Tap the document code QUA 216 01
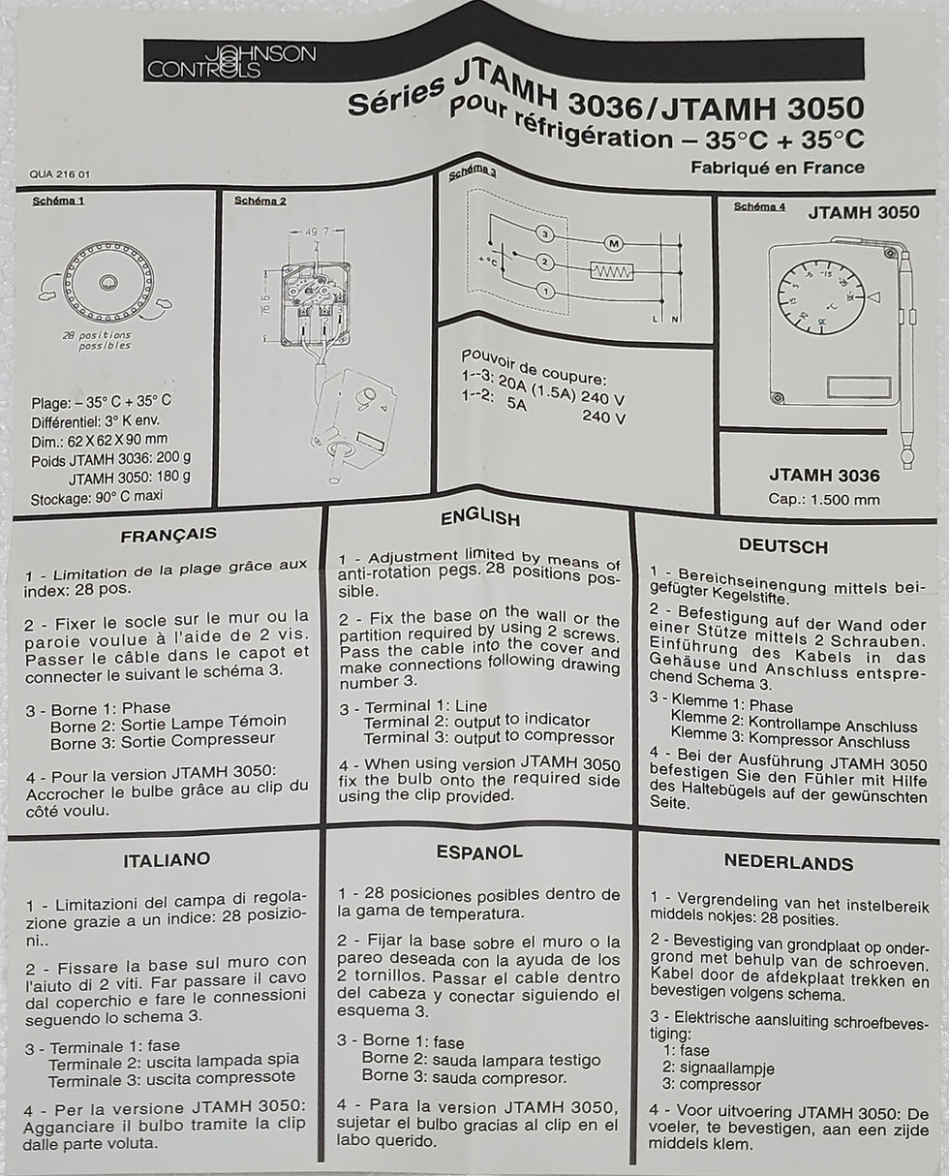pyautogui.click(x=60, y=174)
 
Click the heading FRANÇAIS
pyautogui.click(x=168, y=535)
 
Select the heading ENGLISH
pyautogui.click(x=479, y=518)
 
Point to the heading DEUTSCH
pyautogui.click(x=782, y=546)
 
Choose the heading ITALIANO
pyautogui.click(x=167, y=859)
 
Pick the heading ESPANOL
pyautogui.click(x=479, y=851)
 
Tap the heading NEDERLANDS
pyautogui.click(x=788, y=862)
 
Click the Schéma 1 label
pyautogui.click(x=58, y=201)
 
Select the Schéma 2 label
pyautogui.click(x=260, y=201)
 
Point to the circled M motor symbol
pyautogui.click(x=612, y=241)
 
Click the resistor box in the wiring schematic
pyautogui.click(x=611, y=272)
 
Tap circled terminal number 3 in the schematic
pyautogui.click(x=545, y=234)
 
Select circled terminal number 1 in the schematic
pyautogui.click(x=545, y=291)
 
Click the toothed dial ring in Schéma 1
pyautogui.click(x=107, y=282)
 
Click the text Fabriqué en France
pyautogui.click(x=777, y=167)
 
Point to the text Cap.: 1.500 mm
pyautogui.click(x=824, y=500)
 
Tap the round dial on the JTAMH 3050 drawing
pyautogui.click(x=822, y=297)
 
